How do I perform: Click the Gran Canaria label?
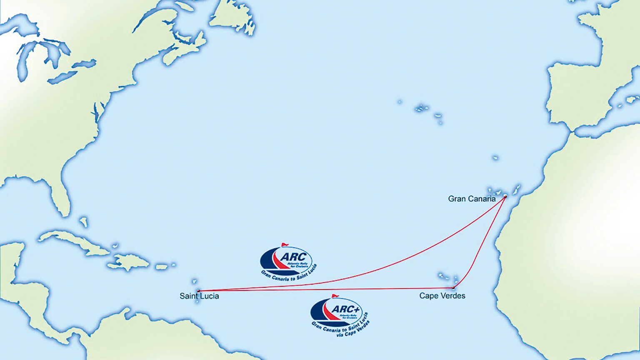tap(472, 199)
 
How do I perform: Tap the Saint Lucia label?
tap(199, 296)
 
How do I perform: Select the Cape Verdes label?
tap(442, 295)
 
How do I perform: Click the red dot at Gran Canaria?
tap(505, 196)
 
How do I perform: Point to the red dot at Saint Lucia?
tap(198, 290)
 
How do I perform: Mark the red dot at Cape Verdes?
tap(453, 287)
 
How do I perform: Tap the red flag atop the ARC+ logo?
tap(335, 296)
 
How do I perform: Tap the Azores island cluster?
tap(422, 108)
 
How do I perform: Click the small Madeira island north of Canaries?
tap(495, 158)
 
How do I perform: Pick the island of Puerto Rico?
tap(162, 266)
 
